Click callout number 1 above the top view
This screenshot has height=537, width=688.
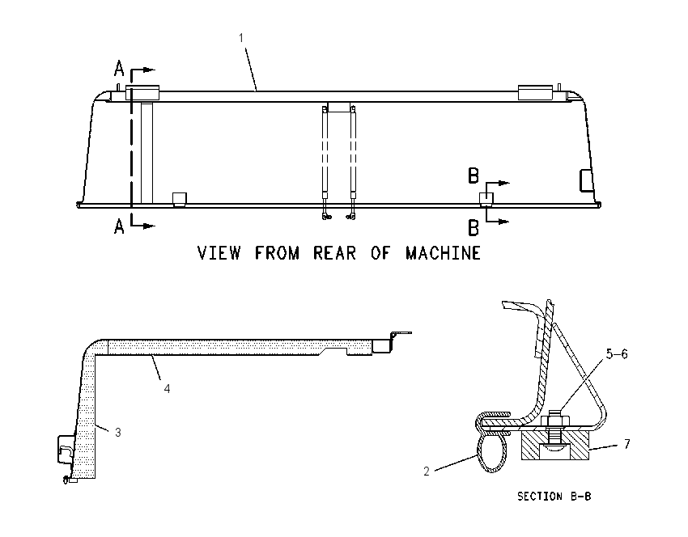241,38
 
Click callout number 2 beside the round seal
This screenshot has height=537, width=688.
426,471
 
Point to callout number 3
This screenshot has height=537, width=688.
118,432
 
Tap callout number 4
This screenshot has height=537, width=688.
167,388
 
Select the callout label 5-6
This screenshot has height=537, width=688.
617,353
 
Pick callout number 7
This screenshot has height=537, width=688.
627,444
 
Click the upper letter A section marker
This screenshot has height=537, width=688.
119,70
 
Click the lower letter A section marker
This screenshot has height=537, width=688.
119,226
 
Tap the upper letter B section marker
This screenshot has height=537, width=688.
474,175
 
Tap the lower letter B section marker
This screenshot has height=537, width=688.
474,228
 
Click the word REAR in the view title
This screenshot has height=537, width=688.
334,253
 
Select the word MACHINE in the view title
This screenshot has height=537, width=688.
444,253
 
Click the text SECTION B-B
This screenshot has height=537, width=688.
554,497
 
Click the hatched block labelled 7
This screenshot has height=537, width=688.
555,446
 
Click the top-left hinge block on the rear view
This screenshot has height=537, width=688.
142,92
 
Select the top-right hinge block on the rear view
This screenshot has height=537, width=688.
535,92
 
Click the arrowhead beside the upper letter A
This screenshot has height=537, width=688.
150,70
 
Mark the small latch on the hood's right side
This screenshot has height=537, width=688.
586,180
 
